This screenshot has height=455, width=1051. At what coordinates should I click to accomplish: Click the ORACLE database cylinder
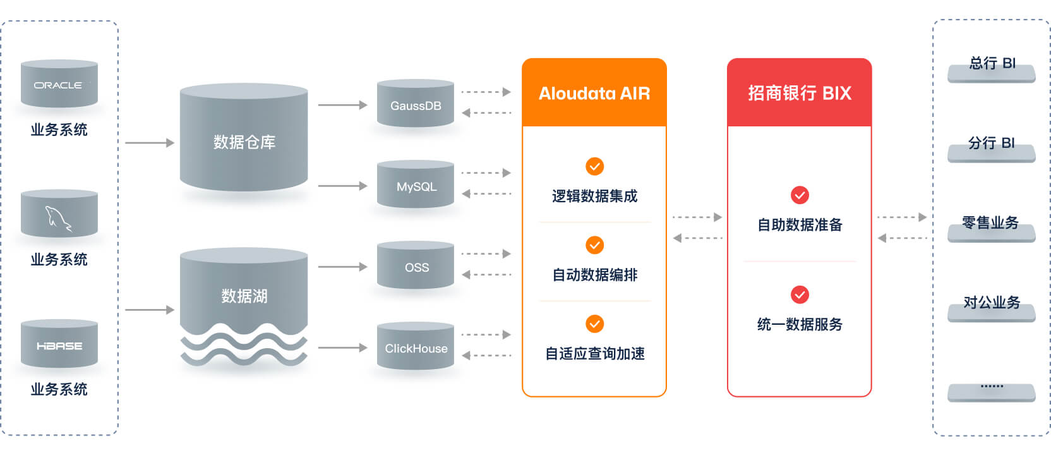[59, 84]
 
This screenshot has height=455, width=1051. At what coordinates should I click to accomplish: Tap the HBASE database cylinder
[59, 345]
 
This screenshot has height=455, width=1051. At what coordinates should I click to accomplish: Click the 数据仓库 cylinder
[244, 140]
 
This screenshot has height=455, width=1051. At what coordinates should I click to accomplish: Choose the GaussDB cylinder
[415, 104]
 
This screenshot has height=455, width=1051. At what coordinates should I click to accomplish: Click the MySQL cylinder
[415, 185]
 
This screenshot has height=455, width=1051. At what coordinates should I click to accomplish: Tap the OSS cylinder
[415, 266]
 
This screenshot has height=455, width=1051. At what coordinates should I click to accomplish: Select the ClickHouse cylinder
[415, 347]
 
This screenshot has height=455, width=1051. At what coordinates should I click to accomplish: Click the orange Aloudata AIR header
[594, 93]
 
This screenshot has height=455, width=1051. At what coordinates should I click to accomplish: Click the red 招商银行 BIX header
[799, 93]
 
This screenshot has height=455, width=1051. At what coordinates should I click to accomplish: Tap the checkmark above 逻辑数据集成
[594, 166]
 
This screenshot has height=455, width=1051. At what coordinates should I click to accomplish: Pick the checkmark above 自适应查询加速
[594, 324]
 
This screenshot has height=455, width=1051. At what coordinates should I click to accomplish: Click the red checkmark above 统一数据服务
[800, 294]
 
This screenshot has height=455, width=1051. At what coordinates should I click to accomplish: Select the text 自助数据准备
[800, 225]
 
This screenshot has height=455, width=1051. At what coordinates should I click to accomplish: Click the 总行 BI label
[992, 64]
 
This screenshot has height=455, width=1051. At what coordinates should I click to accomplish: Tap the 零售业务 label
[990, 223]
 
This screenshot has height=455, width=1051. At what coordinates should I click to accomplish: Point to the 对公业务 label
[991, 303]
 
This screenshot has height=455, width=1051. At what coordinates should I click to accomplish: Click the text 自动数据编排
[594, 275]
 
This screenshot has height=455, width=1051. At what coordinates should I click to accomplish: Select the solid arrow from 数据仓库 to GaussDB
[342, 105]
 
